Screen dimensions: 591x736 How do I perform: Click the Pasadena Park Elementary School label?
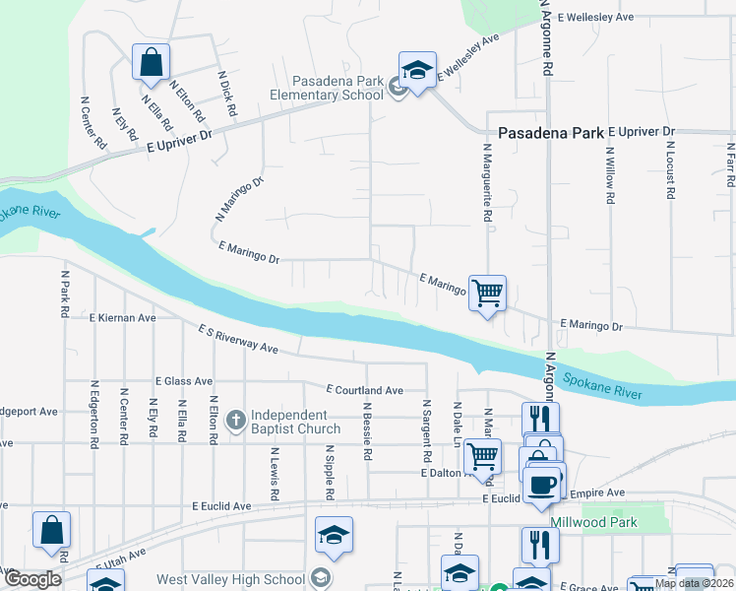(x=337, y=89)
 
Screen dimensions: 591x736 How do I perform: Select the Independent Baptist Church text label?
(x=295, y=422)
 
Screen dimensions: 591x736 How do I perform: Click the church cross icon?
(x=235, y=422)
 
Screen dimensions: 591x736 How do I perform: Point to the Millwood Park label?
(x=593, y=522)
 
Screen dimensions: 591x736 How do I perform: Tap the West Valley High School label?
(x=230, y=579)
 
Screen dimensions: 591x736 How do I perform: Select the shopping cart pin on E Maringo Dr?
(x=487, y=293)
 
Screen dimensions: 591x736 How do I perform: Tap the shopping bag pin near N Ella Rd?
(x=152, y=62)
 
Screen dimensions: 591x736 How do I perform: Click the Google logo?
(x=32, y=579)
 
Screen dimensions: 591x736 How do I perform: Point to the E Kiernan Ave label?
(x=122, y=318)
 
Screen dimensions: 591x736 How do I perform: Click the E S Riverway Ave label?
(x=237, y=340)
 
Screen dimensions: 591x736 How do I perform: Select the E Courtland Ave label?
(x=365, y=390)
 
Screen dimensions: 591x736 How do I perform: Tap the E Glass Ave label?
(x=183, y=380)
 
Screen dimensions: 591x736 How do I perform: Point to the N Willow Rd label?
(x=610, y=173)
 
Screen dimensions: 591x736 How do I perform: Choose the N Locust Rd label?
(x=669, y=169)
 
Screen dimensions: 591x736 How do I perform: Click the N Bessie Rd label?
(x=367, y=431)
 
